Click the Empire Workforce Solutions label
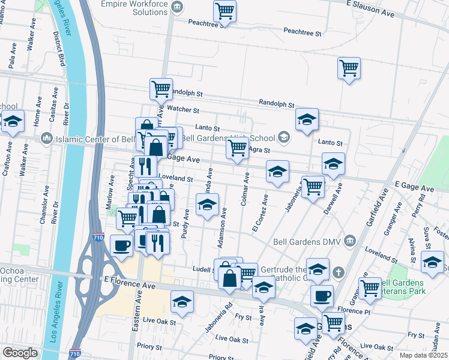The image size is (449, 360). pos(133,7)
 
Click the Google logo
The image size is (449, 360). pos(20,353)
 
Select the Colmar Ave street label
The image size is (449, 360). pos(246,189)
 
